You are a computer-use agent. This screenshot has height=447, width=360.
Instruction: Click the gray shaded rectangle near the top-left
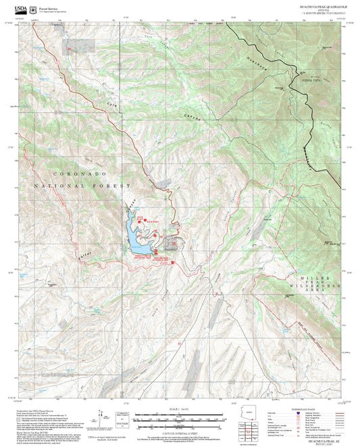tap(73, 45)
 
